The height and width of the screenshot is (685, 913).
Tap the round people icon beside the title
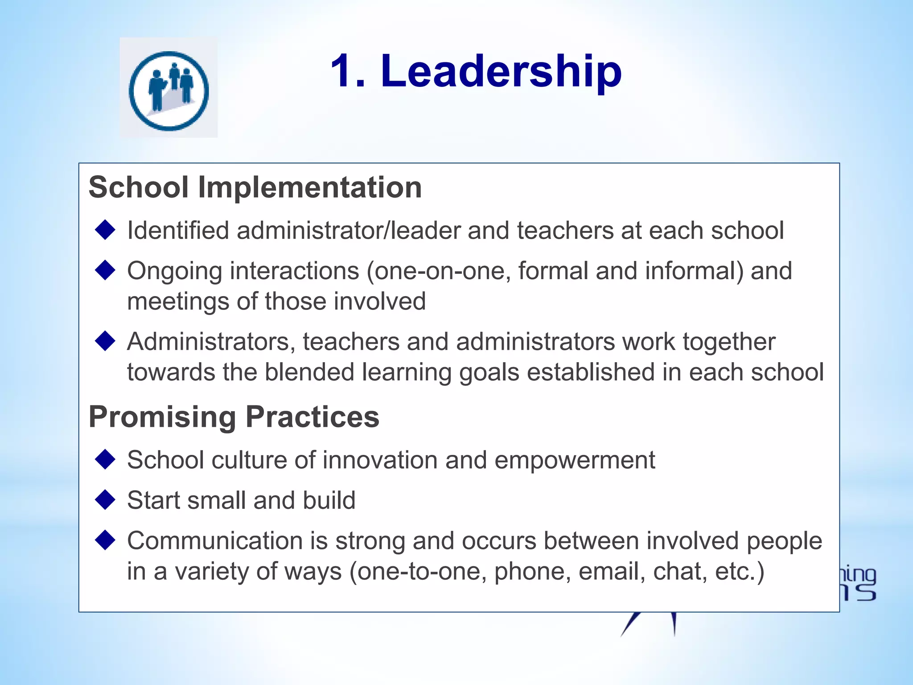(169, 91)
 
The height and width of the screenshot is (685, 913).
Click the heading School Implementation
(255, 187)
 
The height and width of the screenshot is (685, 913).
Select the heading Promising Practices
(234, 417)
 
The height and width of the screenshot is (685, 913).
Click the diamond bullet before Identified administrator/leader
(106, 230)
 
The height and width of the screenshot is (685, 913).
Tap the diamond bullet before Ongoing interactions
(106, 270)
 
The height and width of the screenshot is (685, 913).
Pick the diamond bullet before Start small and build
(106, 499)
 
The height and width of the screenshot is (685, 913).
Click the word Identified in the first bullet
(178, 231)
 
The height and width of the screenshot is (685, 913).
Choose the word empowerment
(575, 461)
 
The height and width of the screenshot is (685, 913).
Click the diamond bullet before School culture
(106, 459)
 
